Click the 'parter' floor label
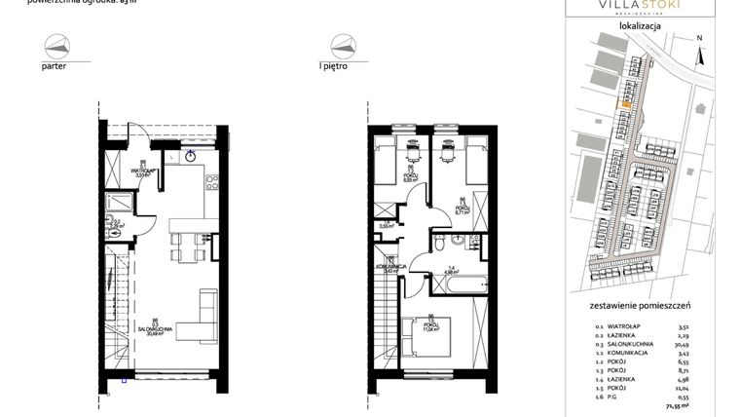pos(55,68)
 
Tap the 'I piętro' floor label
pos(334,68)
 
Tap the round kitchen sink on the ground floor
pos(191,155)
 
